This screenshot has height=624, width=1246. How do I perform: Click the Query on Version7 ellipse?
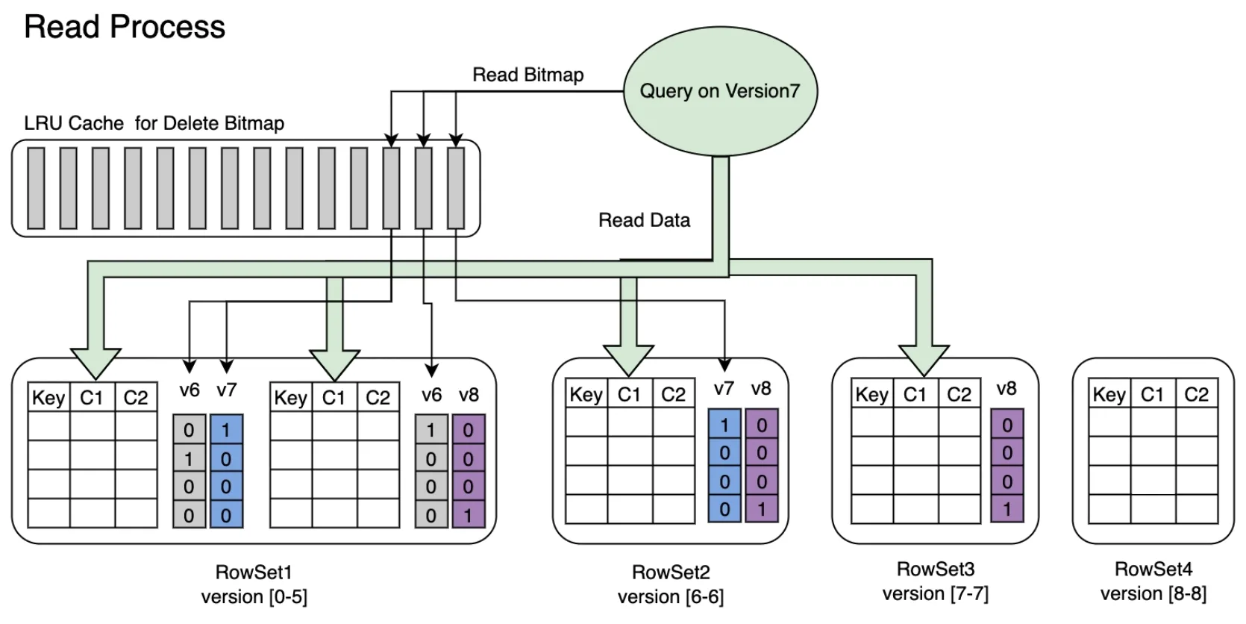coord(719,91)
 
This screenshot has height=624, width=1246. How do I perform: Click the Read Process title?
coord(125,27)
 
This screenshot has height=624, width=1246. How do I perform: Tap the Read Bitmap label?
coord(527,75)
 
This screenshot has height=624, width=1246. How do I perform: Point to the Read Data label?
coord(644,220)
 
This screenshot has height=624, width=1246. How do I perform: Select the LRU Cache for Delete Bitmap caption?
coord(154,123)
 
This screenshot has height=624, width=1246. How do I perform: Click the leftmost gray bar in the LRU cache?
coord(36,188)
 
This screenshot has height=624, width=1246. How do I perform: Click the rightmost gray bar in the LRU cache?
coord(456,188)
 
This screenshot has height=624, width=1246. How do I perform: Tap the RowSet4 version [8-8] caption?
coord(1153,581)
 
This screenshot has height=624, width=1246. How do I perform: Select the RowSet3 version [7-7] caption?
coord(935,581)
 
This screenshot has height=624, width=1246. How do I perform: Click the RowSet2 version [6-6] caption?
coord(670,584)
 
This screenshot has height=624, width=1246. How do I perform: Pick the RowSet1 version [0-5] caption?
coord(254,584)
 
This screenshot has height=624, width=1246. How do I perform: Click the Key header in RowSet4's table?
coord(1109,394)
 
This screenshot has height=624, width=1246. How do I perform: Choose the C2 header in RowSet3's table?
coord(959,394)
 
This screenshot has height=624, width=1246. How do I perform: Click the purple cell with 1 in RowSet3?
coord(1007,510)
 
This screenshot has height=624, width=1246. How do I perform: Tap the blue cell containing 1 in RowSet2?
coord(724,425)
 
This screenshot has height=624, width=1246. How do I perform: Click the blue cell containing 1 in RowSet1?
coord(226,430)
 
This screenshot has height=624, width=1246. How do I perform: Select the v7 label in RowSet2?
coord(724,389)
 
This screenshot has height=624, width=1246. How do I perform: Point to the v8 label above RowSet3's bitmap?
coord(1006,389)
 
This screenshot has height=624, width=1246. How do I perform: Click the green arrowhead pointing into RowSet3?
coord(924,359)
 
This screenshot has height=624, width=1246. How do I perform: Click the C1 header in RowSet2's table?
coord(629,394)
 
